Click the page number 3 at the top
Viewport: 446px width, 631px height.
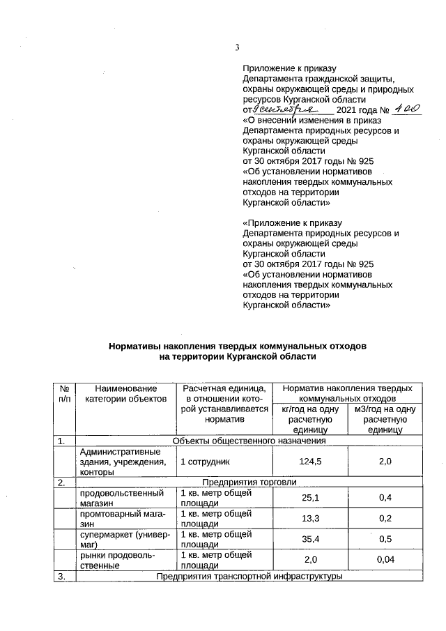pyautogui.click(x=237, y=48)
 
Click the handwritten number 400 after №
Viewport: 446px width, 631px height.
pyautogui.click(x=406, y=109)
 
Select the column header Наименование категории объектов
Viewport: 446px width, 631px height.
pyautogui.click(x=125, y=393)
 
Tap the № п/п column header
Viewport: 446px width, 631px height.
pyautogui.click(x=63, y=393)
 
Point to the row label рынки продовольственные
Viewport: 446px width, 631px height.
pyautogui.click(x=111, y=560)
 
